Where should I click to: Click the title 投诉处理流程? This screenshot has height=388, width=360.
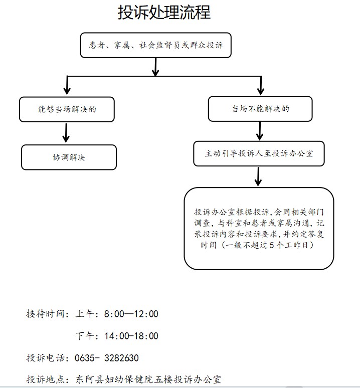pyautogui.click(x=164, y=13)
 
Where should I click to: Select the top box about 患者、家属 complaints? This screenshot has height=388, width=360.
pyautogui.click(x=156, y=46)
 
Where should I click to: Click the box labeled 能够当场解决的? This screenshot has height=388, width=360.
pyautogui.click(x=67, y=109)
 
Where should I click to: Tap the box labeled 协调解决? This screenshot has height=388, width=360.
pyautogui.click(x=69, y=157)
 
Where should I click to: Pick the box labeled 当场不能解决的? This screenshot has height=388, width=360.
pyautogui.click(x=260, y=109)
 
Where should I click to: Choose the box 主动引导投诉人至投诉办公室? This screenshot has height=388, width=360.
pyautogui.click(x=259, y=153)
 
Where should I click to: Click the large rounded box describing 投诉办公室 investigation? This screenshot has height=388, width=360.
pyautogui.click(x=259, y=228)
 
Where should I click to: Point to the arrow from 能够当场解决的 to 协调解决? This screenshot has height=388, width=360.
pyautogui.click(x=66, y=132)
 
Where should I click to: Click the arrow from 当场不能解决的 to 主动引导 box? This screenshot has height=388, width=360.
pyautogui.click(x=260, y=130)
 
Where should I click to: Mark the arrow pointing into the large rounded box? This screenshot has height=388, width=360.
pyautogui.click(x=258, y=176)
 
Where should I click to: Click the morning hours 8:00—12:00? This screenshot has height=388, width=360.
pyautogui.click(x=131, y=314)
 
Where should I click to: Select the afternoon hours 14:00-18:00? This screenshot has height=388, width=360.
pyautogui.click(x=131, y=336)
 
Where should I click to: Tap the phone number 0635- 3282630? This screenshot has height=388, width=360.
pyautogui.click(x=107, y=358)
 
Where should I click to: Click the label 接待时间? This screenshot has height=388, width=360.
pyautogui.click(x=46, y=314)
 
